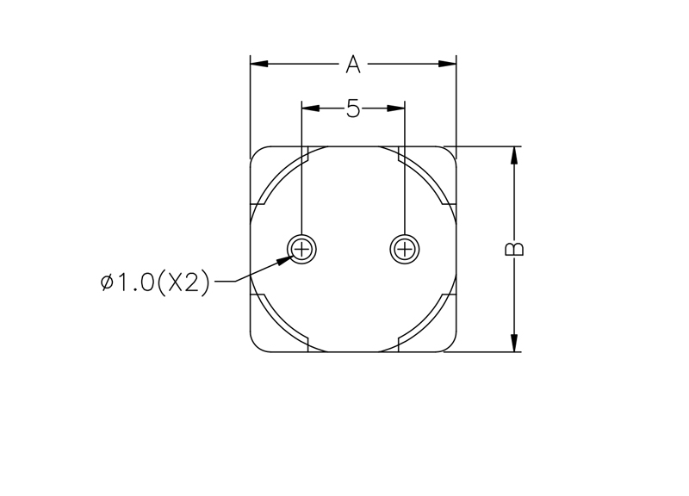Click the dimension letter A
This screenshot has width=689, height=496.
point(353,64)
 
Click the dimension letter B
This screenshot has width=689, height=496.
point(514,249)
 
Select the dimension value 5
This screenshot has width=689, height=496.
point(353,108)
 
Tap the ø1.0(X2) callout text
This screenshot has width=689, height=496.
point(155,282)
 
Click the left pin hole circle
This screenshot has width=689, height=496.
point(302,235)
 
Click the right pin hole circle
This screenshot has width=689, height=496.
point(404,235)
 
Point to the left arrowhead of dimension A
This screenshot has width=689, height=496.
point(259,64)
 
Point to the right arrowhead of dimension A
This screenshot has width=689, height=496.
point(447,64)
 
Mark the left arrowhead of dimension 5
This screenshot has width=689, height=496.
point(310,108)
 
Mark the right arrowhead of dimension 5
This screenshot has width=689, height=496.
point(395,108)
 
